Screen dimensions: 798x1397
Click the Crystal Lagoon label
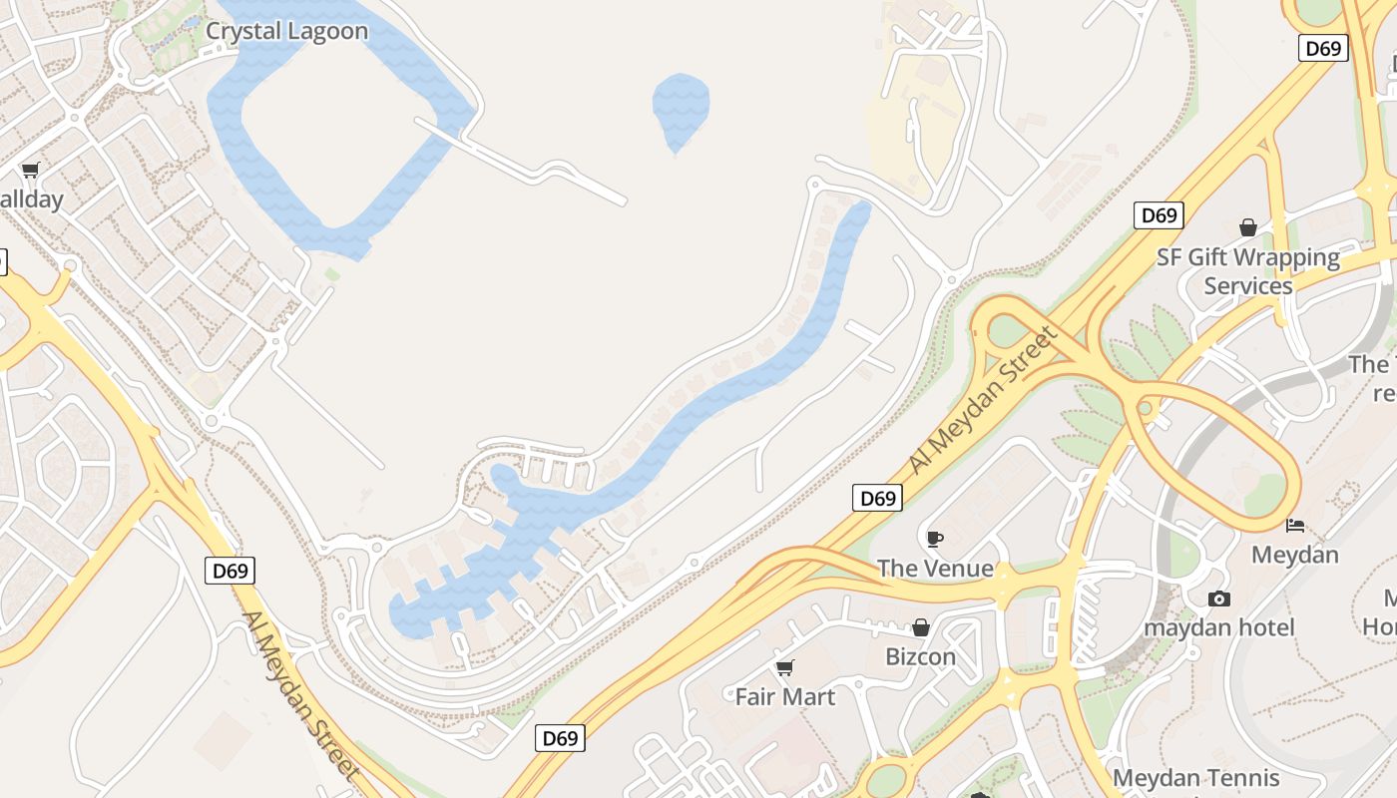[286, 31]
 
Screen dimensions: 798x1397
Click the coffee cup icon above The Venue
[934, 539]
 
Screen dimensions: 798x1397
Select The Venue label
[935, 569]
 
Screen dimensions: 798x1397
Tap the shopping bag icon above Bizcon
[921, 627]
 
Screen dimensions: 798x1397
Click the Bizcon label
[921, 656]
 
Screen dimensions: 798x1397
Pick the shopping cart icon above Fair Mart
[785, 667]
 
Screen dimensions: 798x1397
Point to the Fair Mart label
[785, 696]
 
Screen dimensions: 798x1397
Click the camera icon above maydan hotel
[1218, 598]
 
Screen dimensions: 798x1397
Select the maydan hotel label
[1218, 627]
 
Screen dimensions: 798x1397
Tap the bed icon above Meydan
[1295, 525]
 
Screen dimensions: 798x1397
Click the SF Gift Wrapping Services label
[1248, 271]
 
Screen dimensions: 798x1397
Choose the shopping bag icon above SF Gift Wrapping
[1247, 228]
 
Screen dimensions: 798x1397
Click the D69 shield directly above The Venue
[877, 498]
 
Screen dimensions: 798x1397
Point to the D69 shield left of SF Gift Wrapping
[1159, 214]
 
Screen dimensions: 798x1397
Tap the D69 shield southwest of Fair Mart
[560, 738]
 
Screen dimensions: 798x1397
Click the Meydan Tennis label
[1195, 778]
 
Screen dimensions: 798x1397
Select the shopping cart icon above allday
[30, 171]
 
